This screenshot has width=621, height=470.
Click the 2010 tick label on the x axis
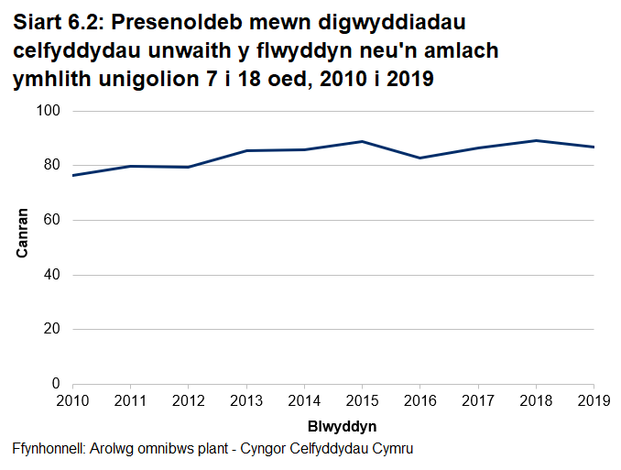click(x=72, y=400)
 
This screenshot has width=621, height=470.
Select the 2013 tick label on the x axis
click(x=246, y=400)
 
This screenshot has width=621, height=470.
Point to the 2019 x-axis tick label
click(x=594, y=400)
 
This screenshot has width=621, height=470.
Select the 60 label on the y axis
click(x=52, y=220)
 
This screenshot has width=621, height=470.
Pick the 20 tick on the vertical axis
click(x=52, y=329)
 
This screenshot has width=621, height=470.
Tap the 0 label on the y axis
click(x=56, y=384)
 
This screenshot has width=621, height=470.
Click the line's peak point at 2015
click(x=363, y=141)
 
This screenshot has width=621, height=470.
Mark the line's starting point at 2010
click(x=73, y=175)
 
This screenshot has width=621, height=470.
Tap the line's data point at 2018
click(x=536, y=140)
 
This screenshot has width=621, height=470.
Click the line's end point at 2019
click(x=594, y=147)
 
